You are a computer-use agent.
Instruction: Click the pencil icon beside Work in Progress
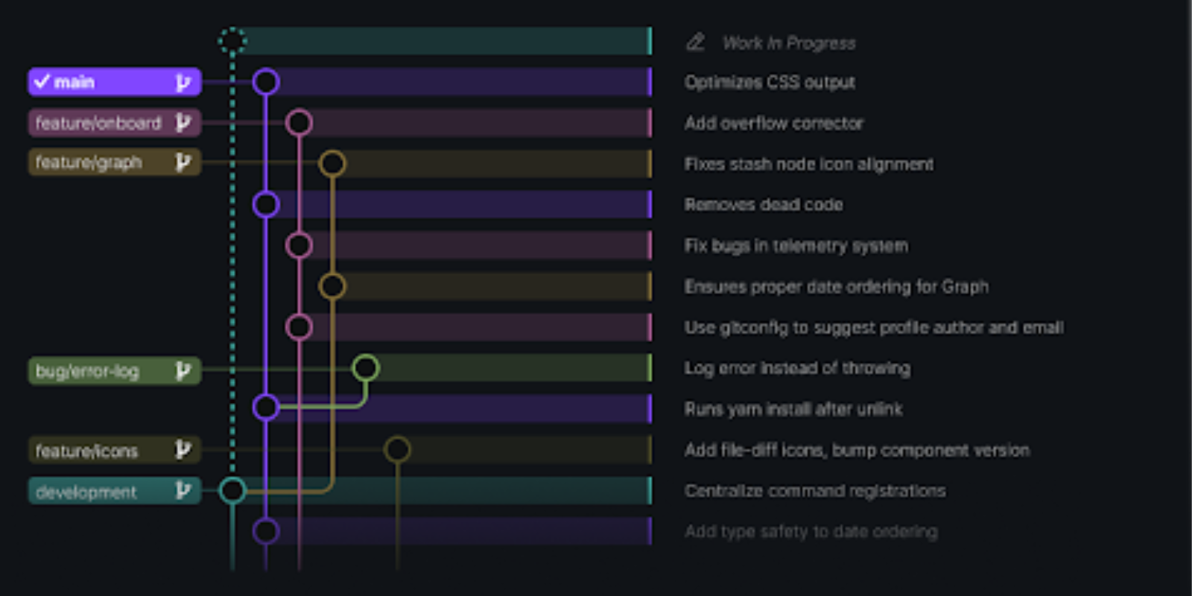(x=695, y=42)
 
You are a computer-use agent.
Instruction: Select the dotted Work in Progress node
(x=232, y=40)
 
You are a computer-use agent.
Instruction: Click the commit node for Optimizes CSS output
(x=266, y=82)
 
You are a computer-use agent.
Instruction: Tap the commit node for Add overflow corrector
(x=299, y=123)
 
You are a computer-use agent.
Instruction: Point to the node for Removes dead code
(x=266, y=204)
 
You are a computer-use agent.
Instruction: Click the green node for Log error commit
(x=365, y=368)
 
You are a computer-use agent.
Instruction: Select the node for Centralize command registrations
(x=232, y=490)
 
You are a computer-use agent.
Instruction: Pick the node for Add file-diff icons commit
(x=397, y=449)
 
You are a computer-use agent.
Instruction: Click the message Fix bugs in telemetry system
(x=796, y=246)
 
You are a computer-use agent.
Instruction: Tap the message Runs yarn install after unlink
(x=793, y=409)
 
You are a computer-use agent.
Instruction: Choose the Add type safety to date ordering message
(x=811, y=531)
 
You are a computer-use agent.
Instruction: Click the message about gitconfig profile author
(x=874, y=328)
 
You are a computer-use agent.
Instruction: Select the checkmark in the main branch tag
(x=42, y=81)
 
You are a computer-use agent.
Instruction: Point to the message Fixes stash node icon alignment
(x=808, y=164)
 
